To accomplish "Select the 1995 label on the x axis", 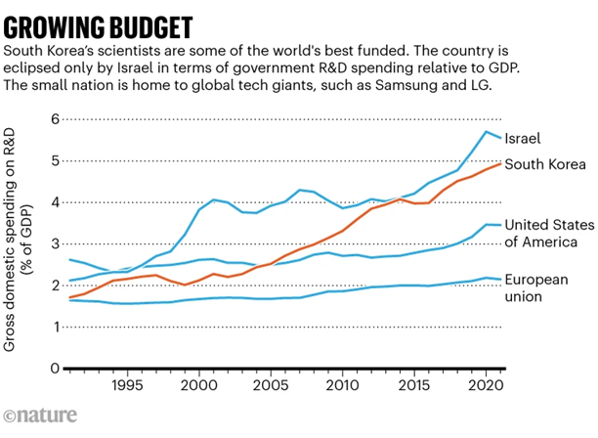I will [125, 384].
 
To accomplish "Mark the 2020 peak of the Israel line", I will [487, 131].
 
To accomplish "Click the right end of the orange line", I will [501, 163].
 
